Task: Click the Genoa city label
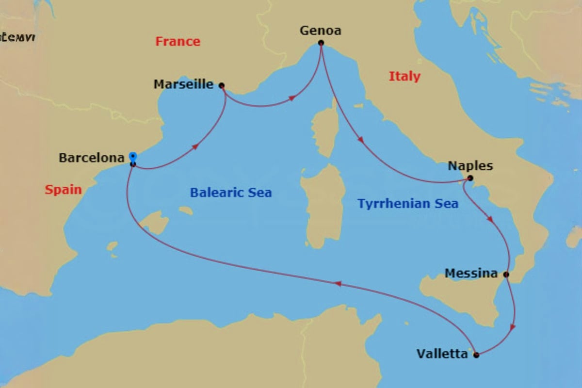(x=320, y=31)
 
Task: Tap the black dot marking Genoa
(x=321, y=43)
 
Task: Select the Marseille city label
(x=183, y=84)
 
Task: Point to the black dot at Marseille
(x=222, y=86)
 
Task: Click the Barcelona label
(x=92, y=158)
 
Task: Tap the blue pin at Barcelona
(x=132, y=157)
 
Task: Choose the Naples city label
(x=470, y=166)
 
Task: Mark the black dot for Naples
(x=470, y=178)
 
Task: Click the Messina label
(x=471, y=274)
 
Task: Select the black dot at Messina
(x=506, y=275)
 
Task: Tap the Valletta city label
(x=442, y=354)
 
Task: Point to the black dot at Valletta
(x=476, y=356)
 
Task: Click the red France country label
(x=178, y=42)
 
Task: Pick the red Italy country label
(x=404, y=76)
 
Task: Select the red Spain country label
(x=63, y=190)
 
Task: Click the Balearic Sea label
(x=230, y=193)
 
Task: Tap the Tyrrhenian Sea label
(x=407, y=204)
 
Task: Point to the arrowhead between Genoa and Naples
(x=360, y=140)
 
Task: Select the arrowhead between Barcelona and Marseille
(x=195, y=146)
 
